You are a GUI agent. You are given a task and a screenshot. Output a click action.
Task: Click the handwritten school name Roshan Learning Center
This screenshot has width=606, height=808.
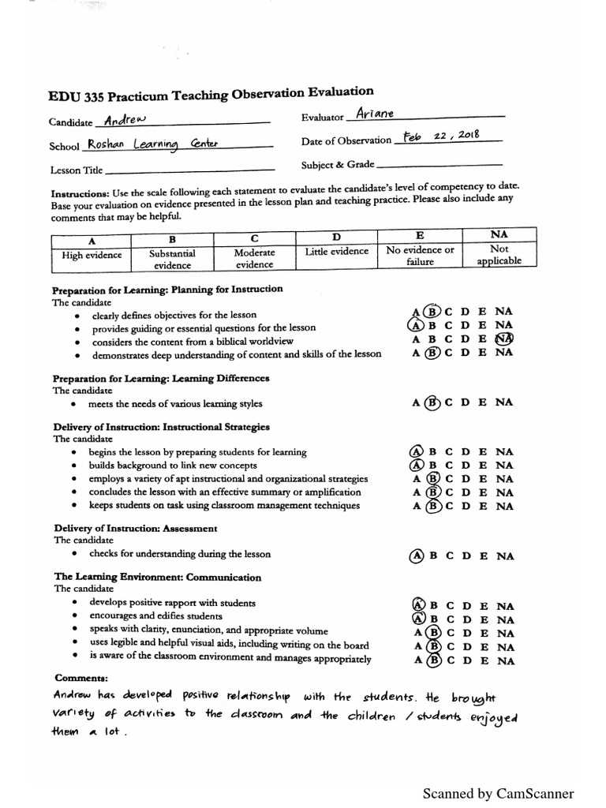pyautogui.click(x=144, y=144)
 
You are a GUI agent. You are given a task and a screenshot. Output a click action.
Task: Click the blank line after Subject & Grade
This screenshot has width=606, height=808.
pyautogui.click(x=440, y=165)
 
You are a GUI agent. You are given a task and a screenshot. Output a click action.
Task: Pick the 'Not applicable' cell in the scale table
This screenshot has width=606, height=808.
pyautogui.click(x=499, y=256)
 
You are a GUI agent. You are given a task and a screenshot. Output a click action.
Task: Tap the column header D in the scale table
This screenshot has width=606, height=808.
pyautogui.click(x=336, y=237)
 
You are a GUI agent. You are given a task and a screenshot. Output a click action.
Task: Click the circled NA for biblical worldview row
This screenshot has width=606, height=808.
pyautogui.click(x=504, y=339)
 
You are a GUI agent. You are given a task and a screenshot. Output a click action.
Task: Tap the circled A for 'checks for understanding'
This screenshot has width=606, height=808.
pyautogui.click(x=416, y=555)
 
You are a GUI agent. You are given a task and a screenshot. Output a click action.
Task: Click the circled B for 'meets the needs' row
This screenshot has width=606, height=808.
pyautogui.click(x=432, y=402)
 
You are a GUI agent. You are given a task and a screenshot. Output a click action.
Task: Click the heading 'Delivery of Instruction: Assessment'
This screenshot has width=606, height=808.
pyautogui.click(x=135, y=528)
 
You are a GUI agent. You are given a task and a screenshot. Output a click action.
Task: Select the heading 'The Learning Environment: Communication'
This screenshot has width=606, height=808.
pyautogui.click(x=157, y=577)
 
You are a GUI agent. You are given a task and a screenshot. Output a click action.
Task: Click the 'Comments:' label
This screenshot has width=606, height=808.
pyautogui.click(x=81, y=679)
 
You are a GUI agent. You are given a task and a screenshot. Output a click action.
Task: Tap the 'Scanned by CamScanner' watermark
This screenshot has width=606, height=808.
pyautogui.click(x=498, y=793)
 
